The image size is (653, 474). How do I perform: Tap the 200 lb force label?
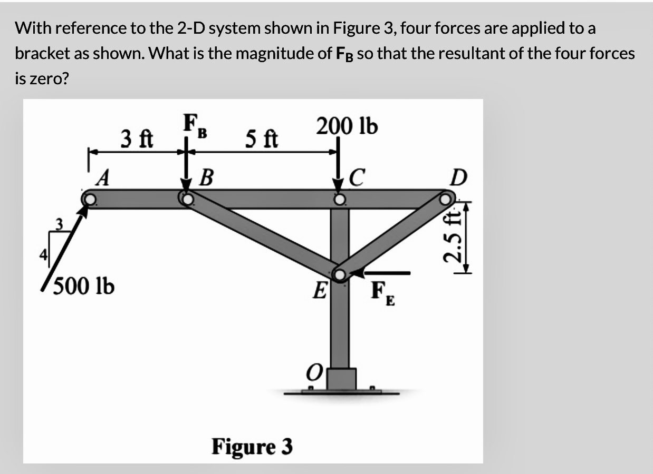(347, 126)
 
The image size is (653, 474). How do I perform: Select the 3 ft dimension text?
(137, 139)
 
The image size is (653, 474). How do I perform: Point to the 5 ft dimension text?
(261, 140)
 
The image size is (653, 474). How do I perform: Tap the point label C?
(358, 177)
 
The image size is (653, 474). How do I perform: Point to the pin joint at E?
(340, 274)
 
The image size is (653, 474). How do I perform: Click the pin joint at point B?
(186, 199)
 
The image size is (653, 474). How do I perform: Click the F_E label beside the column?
(382, 291)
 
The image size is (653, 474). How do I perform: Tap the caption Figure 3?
(252, 447)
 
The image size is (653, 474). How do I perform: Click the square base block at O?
(341, 379)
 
